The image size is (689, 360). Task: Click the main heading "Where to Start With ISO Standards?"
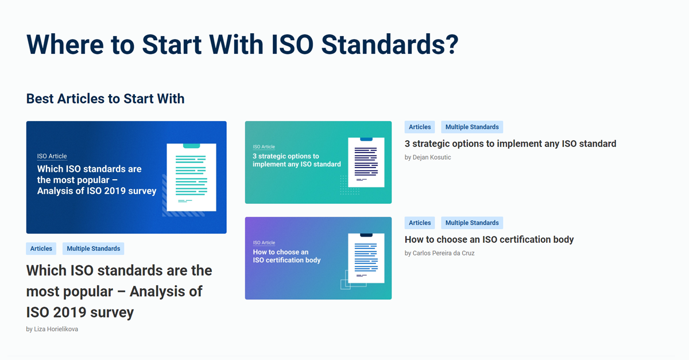tap(242, 44)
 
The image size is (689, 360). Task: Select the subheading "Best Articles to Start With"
tap(105, 99)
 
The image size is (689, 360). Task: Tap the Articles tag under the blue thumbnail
tap(41, 249)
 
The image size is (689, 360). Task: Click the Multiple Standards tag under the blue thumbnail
tap(93, 249)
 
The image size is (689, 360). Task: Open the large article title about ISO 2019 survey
tap(119, 291)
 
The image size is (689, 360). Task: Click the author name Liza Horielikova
tap(56, 329)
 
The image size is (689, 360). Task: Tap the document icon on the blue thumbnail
tap(191, 177)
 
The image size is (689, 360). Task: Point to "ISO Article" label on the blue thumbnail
tap(52, 156)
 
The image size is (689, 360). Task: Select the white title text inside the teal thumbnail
tap(297, 160)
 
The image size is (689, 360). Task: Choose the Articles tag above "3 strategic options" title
tap(420, 127)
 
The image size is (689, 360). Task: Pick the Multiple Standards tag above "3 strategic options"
tap(472, 127)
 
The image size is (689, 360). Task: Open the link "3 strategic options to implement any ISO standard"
tap(510, 144)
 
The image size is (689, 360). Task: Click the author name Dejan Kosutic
tap(431, 157)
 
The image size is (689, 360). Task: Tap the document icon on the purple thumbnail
tap(366, 258)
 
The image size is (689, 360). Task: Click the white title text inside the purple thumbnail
tap(287, 256)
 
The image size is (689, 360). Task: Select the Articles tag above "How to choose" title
tap(420, 223)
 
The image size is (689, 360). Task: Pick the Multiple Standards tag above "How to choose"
tap(472, 223)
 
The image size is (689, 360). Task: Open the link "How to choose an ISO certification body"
tap(489, 239)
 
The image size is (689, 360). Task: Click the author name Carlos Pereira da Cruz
tap(443, 253)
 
